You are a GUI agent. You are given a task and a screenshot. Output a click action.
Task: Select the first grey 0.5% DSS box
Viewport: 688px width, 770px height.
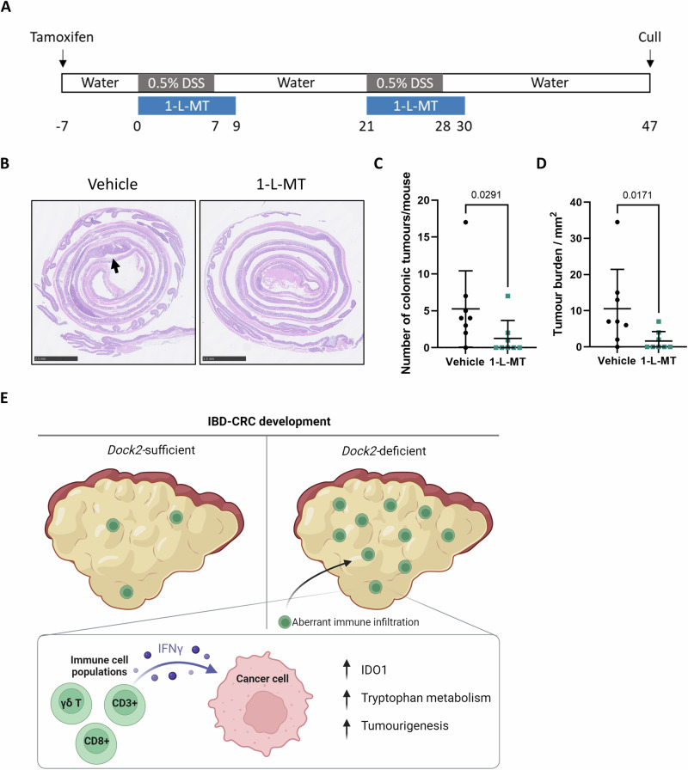(176, 83)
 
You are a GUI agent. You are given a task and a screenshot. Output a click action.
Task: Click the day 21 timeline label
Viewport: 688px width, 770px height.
(366, 126)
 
